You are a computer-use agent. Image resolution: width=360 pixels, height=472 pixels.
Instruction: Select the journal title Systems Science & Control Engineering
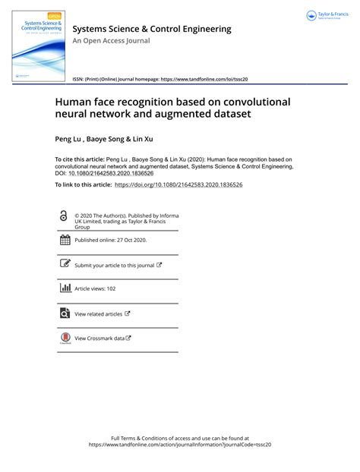click(151, 29)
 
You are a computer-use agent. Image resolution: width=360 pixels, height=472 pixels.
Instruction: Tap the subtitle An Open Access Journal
click(111, 41)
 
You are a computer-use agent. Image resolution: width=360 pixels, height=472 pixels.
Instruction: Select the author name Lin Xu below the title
click(144, 140)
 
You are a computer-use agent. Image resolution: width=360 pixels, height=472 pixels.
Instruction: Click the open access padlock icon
click(64, 216)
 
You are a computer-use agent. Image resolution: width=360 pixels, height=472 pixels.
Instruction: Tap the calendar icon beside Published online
click(64, 240)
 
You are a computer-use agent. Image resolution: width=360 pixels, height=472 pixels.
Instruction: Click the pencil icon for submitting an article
click(64, 265)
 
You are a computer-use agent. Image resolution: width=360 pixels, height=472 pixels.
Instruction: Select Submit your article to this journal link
click(114, 266)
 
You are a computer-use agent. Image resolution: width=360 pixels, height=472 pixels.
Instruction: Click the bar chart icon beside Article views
click(64, 288)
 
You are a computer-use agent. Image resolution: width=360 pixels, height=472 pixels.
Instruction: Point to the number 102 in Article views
click(110, 289)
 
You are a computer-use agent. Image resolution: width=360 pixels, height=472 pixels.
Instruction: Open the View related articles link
click(98, 313)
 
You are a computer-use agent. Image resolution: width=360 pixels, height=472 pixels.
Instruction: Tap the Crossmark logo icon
click(64, 338)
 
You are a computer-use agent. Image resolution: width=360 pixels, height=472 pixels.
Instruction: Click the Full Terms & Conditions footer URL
click(180, 445)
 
